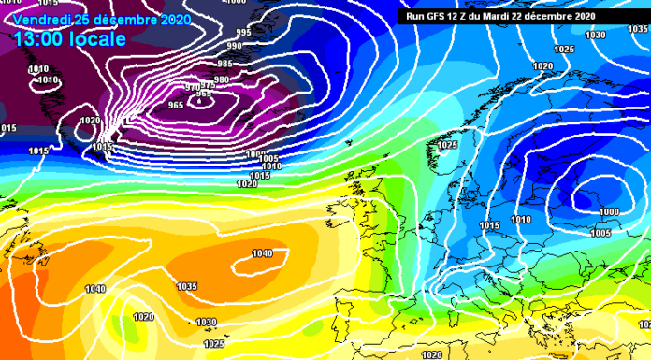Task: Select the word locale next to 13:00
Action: tap(99, 39)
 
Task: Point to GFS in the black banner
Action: tap(439, 16)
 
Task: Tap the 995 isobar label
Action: tap(243, 33)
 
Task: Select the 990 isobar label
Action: tap(235, 46)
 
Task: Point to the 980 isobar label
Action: tap(222, 80)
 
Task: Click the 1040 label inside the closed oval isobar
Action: tap(263, 253)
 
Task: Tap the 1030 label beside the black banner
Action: tap(595, 35)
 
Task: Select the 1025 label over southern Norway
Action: tap(447, 146)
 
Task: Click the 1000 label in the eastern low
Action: tap(608, 212)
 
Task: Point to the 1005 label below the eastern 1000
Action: tap(600, 233)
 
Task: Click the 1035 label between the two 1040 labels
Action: tap(187, 286)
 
